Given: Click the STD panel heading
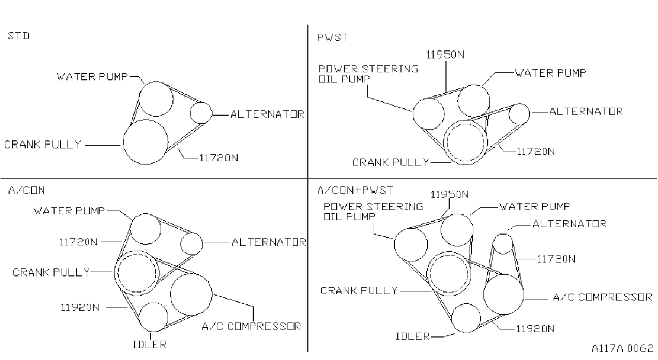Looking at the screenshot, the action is pyautogui.click(x=19, y=36).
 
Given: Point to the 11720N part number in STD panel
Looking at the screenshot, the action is pyautogui.click(x=219, y=158).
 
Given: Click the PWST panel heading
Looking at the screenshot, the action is pyautogui.click(x=333, y=37).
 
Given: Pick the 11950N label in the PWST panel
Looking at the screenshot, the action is pyautogui.click(x=445, y=55).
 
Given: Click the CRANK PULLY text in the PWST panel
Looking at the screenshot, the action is pyautogui.click(x=391, y=162).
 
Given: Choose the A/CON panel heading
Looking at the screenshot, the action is pyautogui.click(x=26, y=190).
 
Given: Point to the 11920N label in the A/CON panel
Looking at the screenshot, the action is pyautogui.click(x=80, y=307).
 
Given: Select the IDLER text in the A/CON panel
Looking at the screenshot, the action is pyautogui.click(x=149, y=344).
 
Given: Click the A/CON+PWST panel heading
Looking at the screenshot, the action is pyautogui.click(x=355, y=190).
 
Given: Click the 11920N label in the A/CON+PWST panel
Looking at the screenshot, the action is pyautogui.click(x=535, y=328).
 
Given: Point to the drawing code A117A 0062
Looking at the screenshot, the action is pyautogui.click(x=623, y=348).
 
